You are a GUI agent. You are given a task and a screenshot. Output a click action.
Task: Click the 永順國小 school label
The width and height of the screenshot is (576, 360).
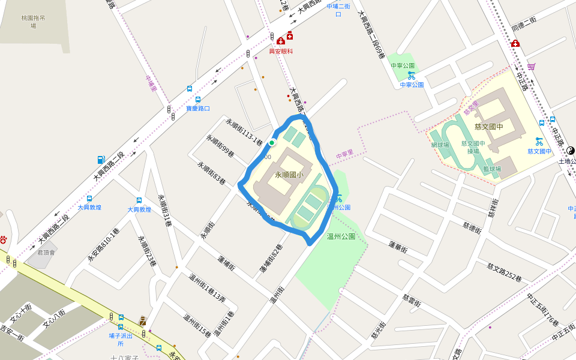289,175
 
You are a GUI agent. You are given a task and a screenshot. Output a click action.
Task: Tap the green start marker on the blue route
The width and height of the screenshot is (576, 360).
272,143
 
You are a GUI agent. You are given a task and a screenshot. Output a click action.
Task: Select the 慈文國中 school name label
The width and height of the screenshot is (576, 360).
488,127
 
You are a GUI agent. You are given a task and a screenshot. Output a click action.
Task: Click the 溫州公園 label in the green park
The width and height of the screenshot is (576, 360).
341,236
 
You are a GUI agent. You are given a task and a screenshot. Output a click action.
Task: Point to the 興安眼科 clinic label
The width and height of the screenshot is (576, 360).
281,52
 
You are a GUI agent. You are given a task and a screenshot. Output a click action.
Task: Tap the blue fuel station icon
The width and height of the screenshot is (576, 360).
101,160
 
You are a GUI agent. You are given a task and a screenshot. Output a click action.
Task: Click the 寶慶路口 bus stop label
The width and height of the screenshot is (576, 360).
198,109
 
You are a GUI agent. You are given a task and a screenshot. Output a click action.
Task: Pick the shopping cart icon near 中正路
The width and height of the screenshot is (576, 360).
531,67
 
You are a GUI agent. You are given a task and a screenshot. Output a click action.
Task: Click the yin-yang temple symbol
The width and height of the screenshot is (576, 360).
570,151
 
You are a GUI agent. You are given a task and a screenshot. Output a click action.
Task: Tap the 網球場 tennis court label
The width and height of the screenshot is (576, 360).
440,145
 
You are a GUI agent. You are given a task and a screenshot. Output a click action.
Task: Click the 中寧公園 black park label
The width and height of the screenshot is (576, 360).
403,65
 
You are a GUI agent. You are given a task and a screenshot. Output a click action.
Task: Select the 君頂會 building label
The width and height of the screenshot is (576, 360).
46,253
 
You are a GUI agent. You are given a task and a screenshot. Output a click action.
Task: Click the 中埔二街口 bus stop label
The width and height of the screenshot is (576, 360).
338,10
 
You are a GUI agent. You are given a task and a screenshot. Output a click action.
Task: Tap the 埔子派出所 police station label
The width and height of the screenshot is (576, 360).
120,340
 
